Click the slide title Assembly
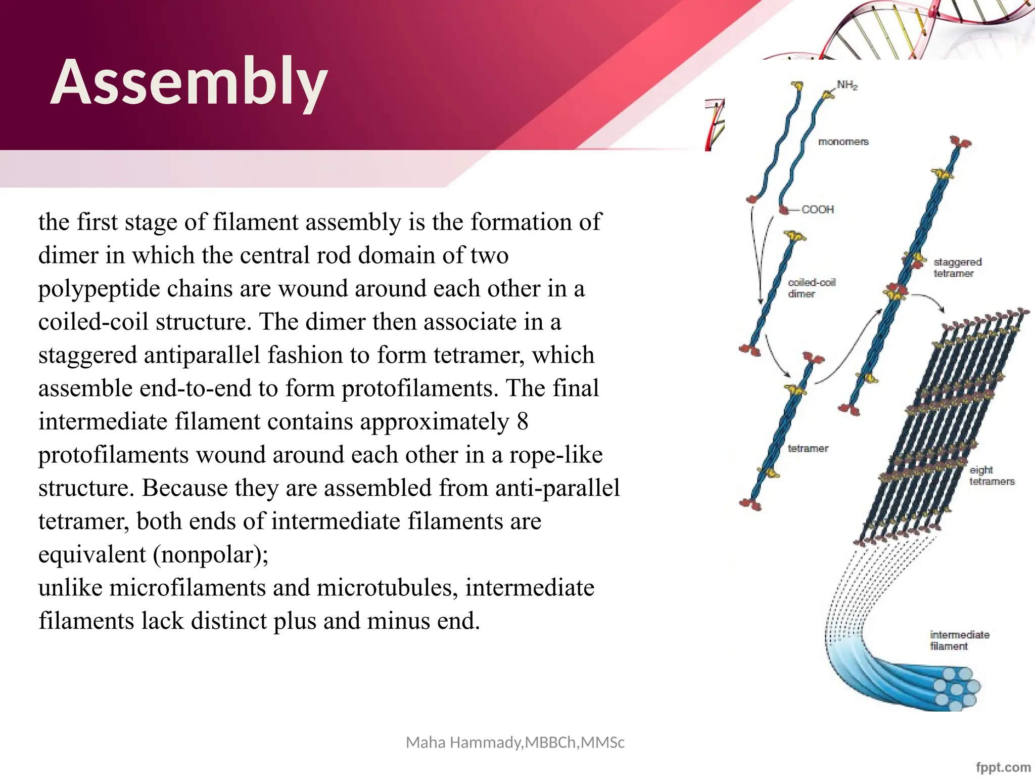tap(189, 82)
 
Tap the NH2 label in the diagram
tap(847, 85)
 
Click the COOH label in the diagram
tap(817, 209)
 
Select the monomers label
tap(843, 142)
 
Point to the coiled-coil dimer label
tap(811, 288)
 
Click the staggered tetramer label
tap(957, 268)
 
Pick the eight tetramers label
tap(991, 476)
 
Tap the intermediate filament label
tap(959, 640)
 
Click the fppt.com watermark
tap(1003, 767)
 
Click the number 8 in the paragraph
tap(522, 421)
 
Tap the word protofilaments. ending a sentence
tap(420, 388)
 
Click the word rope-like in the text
tap(555, 455)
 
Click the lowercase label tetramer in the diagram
tap(808, 448)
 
